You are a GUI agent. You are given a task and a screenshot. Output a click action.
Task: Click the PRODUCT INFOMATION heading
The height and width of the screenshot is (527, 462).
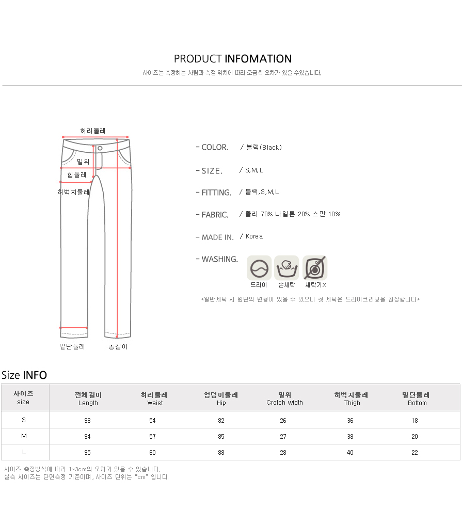point(233,59)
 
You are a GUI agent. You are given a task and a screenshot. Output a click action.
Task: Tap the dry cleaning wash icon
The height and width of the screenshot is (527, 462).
point(259,268)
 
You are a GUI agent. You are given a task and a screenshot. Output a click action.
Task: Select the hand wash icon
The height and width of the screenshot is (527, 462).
point(286,268)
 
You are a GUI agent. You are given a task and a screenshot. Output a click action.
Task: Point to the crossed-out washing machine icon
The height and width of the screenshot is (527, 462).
point(315,268)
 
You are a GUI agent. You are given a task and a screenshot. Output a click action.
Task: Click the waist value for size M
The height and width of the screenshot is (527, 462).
point(152,436)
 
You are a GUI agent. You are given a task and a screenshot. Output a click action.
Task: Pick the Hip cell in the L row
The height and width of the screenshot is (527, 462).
point(221,452)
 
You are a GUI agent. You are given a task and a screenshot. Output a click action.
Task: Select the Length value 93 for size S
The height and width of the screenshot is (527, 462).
point(87,421)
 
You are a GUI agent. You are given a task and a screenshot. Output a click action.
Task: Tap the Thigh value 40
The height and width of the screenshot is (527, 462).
point(350,452)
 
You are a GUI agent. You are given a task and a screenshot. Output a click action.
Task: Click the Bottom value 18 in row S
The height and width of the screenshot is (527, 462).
point(415,421)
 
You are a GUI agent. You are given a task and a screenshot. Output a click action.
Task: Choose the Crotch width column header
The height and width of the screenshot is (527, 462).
point(284,398)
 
